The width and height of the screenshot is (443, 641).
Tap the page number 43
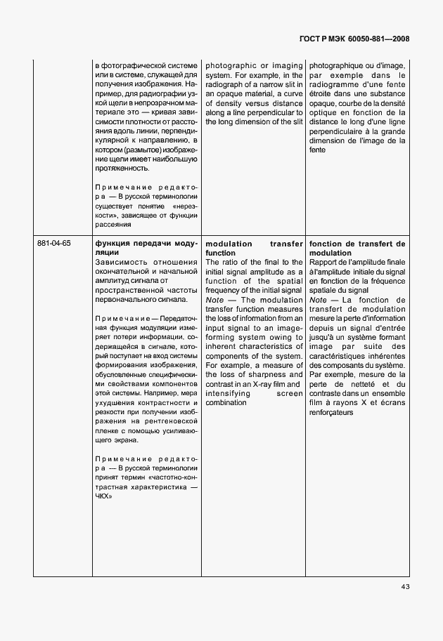[x=405, y=586]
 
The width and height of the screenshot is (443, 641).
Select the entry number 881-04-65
[x=53, y=243]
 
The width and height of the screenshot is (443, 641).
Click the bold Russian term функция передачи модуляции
[x=146, y=248]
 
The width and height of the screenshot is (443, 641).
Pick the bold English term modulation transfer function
[x=253, y=248]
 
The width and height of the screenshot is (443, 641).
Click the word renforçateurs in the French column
[x=334, y=413]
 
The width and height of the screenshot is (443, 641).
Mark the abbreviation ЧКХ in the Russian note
[x=104, y=495]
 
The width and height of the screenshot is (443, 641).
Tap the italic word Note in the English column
[x=214, y=299]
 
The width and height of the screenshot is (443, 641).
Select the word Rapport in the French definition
[x=324, y=262]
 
